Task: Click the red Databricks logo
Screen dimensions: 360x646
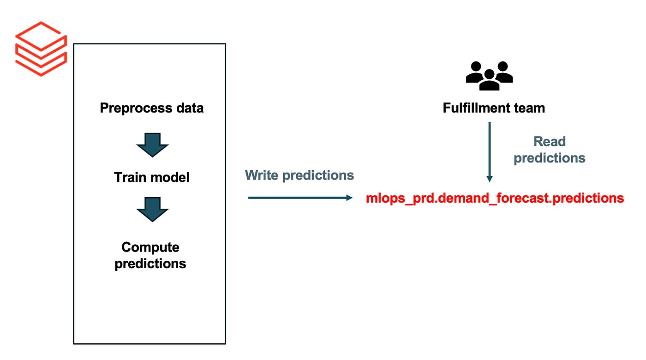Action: tap(41, 48)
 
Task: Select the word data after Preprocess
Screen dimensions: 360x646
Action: tap(189, 108)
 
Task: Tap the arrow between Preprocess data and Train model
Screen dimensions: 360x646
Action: tap(152, 144)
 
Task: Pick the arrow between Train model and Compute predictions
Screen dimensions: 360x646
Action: tap(152, 209)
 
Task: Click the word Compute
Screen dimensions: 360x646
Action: tap(150, 247)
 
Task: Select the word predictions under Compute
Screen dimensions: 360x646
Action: tap(150, 264)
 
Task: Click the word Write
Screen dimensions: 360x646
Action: tap(261, 175)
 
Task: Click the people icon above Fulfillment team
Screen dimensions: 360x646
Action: tap(489, 76)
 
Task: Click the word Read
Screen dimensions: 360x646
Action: tap(550, 142)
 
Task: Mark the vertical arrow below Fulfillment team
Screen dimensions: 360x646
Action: tap(490, 152)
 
